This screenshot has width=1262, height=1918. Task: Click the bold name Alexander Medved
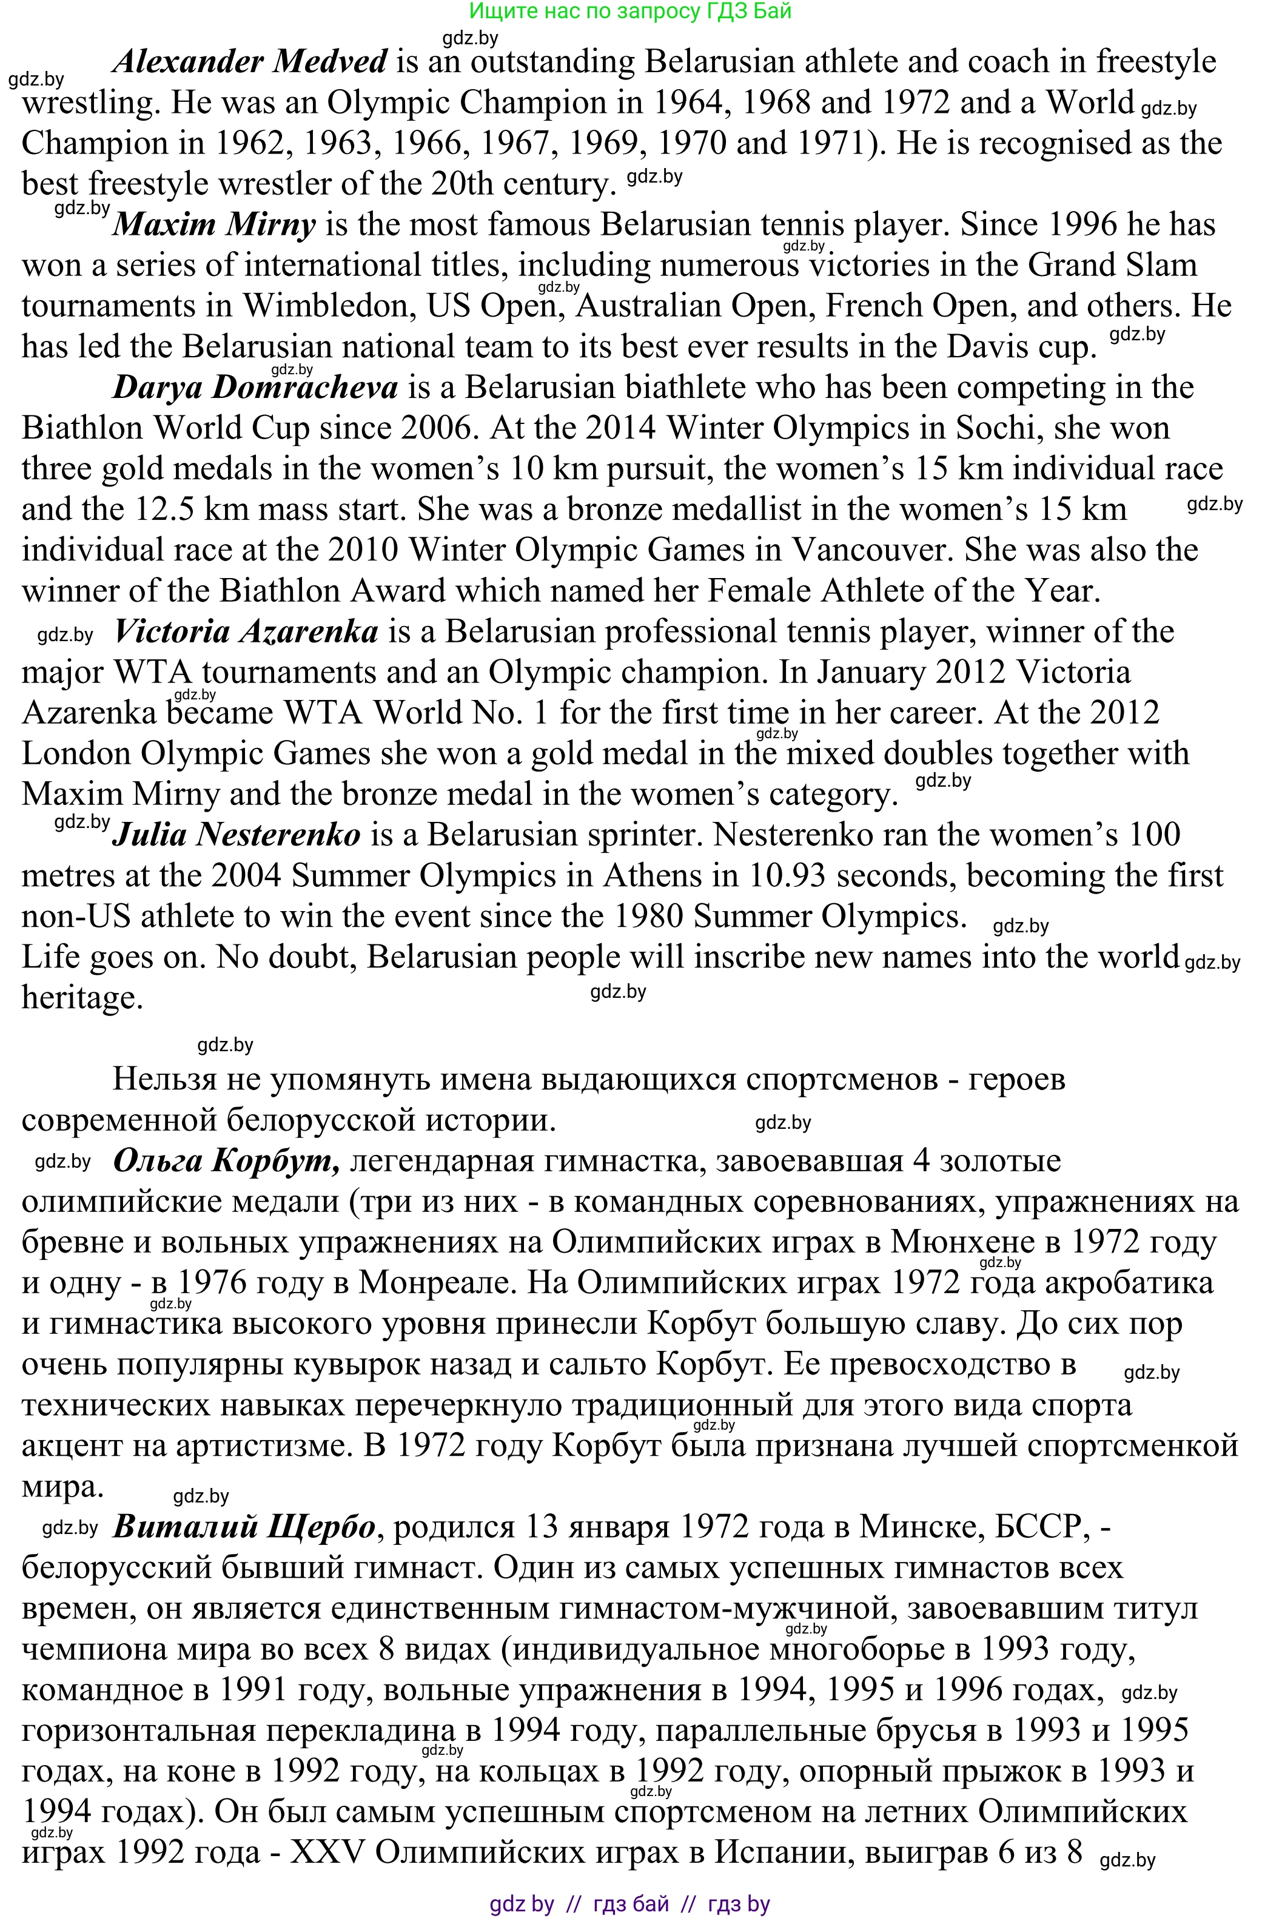[x=250, y=62]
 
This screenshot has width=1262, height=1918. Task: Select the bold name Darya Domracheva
[x=255, y=388]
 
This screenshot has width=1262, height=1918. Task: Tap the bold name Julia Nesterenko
[x=236, y=835]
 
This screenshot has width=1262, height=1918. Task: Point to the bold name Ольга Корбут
[x=226, y=1161]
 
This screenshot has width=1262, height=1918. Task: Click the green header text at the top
[x=630, y=12]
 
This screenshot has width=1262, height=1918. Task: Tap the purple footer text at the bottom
[x=630, y=1904]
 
